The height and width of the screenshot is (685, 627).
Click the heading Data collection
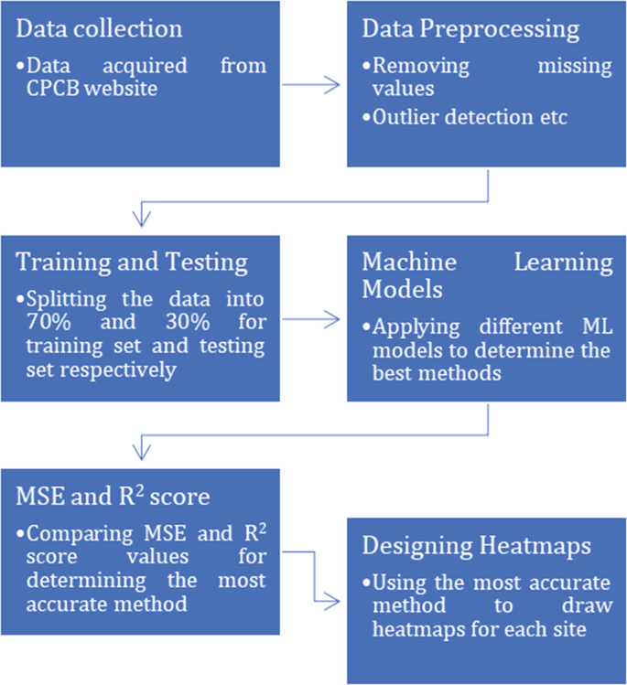point(100,28)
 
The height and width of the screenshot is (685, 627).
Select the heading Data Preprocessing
point(470,28)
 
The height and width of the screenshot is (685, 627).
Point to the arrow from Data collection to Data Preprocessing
point(313,85)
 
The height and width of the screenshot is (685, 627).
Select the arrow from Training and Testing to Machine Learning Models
point(313,319)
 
